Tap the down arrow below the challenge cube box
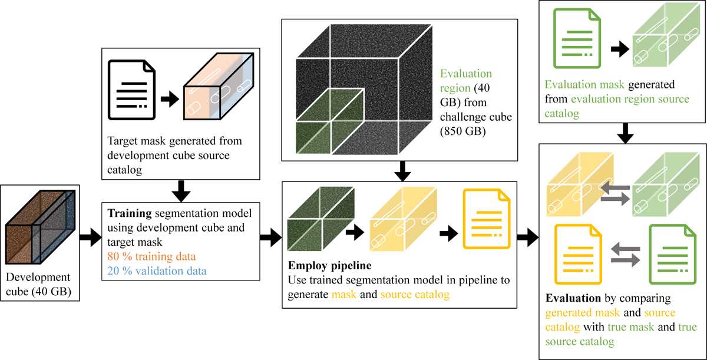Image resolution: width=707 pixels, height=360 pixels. tap(402, 170)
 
